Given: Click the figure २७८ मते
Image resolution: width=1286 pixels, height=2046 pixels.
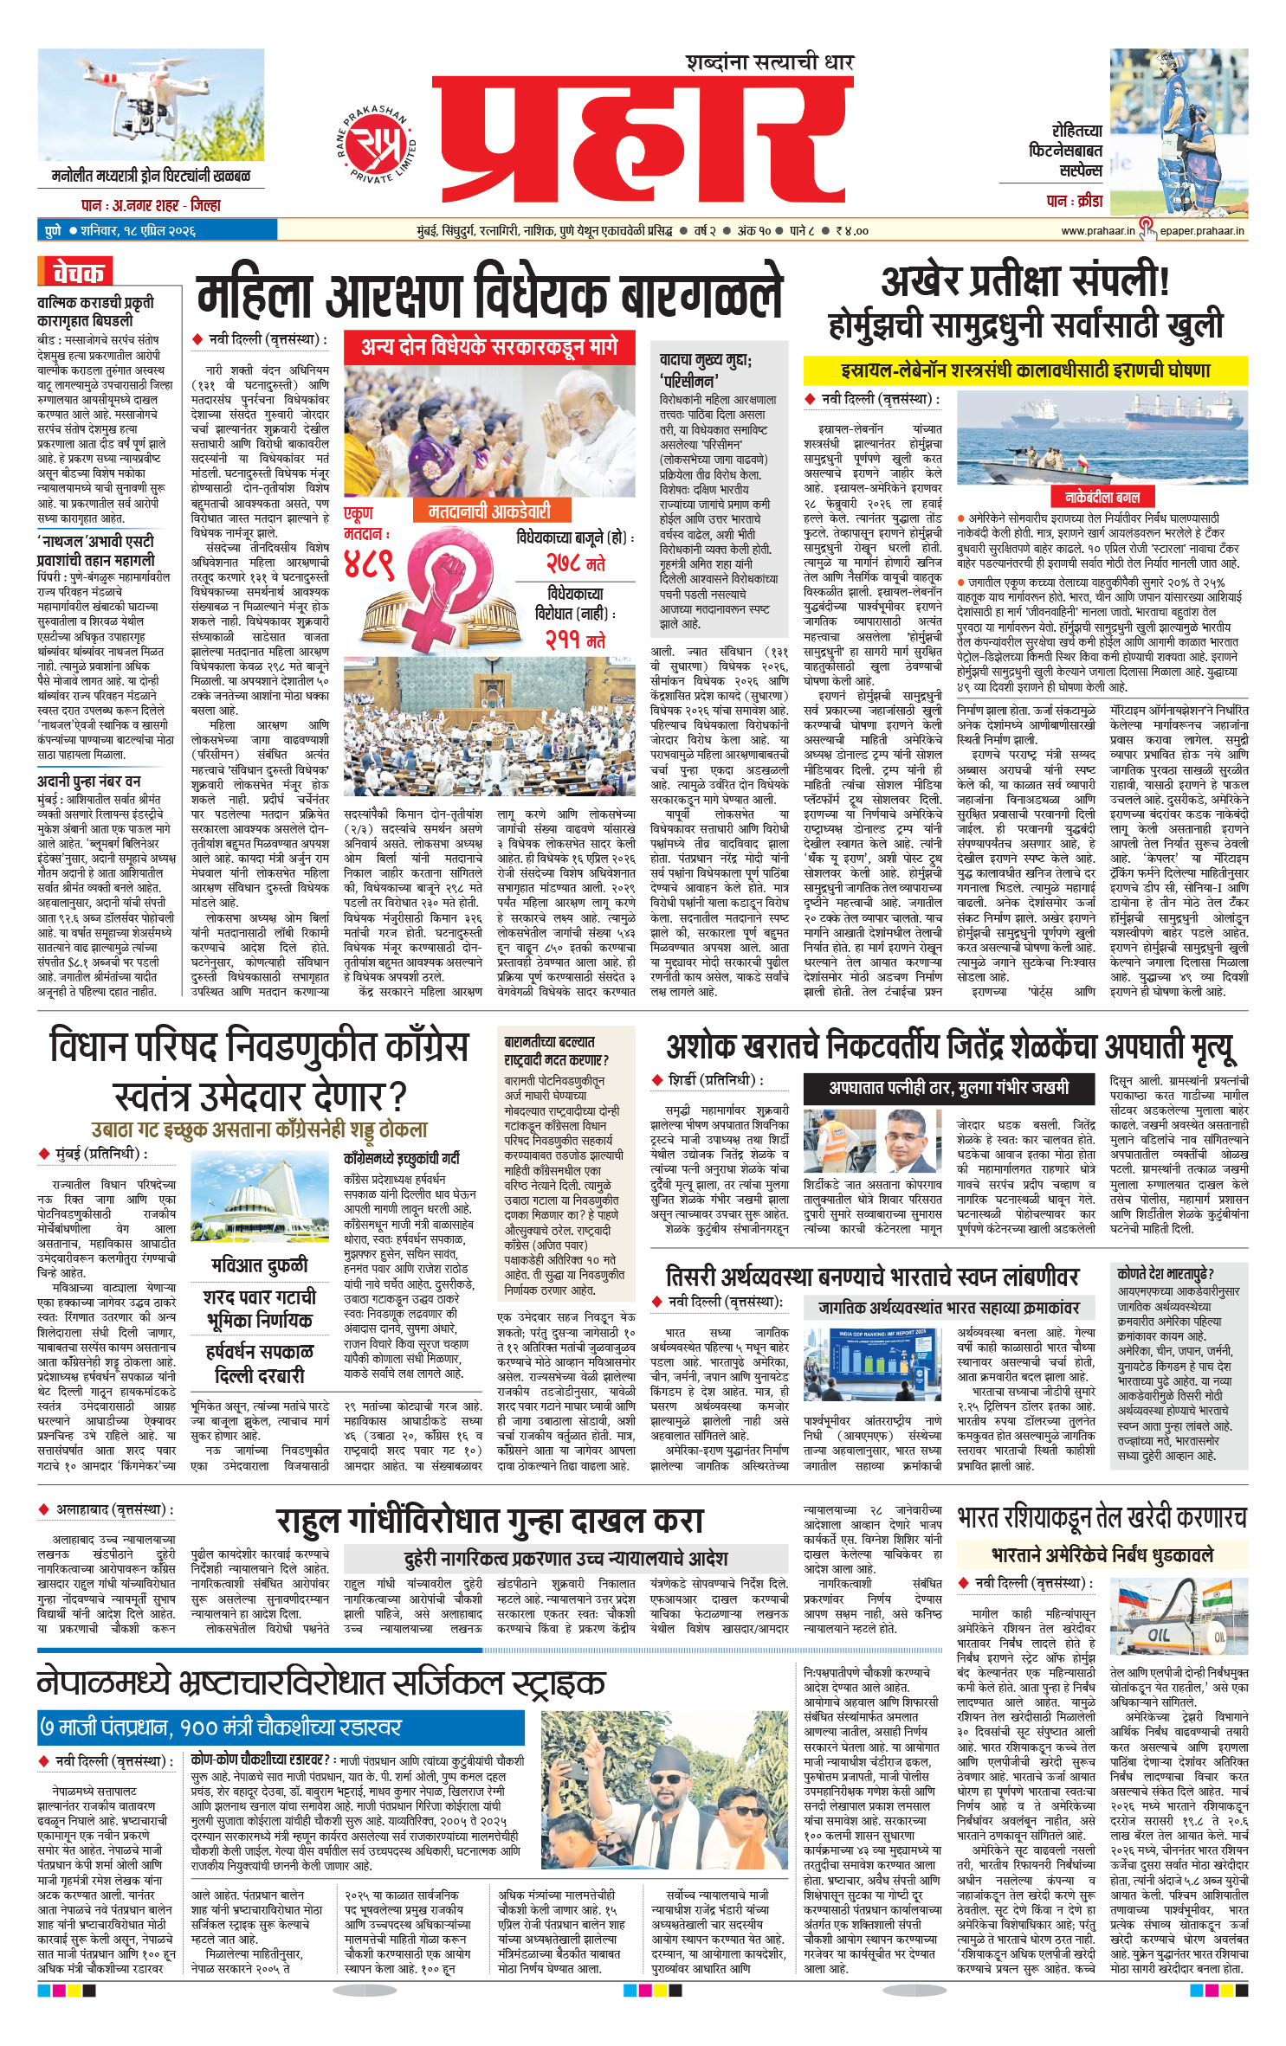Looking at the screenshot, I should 575,563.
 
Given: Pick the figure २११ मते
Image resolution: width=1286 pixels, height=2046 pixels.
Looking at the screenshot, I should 575,640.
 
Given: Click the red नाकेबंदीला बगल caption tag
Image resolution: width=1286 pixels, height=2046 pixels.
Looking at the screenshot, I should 1102,497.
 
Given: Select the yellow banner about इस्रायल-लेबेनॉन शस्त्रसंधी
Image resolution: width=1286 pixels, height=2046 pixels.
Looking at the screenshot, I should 1024,370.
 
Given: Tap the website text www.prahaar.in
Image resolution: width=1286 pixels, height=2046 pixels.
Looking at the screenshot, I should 1097,231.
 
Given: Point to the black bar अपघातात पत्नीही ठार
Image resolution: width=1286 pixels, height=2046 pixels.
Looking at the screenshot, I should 948,1087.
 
